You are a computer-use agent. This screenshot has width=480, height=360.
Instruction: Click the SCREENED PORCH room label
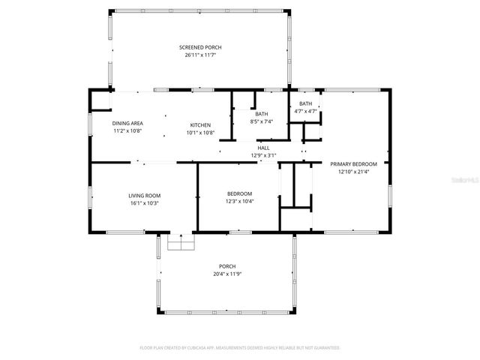(x=200, y=47)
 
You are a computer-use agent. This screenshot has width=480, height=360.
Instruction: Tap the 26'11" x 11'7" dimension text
(x=200, y=55)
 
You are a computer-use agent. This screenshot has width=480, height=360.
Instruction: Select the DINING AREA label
(x=127, y=124)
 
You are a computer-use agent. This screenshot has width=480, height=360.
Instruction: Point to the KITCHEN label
(x=200, y=124)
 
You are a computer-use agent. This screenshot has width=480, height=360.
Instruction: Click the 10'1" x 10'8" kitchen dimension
(x=200, y=132)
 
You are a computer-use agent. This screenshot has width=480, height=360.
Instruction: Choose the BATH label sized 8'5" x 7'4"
(x=261, y=113)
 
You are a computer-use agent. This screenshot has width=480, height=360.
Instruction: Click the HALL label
(x=263, y=148)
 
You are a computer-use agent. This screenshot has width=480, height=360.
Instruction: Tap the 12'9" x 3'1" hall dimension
(x=263, y=155)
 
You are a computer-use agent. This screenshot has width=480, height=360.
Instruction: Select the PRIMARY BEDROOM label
(x=353, y=163)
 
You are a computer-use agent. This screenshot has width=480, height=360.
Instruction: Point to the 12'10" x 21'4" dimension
(x=353, y=172)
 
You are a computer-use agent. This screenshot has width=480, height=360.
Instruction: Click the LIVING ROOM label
(x=144, y=195)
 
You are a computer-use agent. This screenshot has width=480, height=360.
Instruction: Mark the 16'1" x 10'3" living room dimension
(x=144, y=202)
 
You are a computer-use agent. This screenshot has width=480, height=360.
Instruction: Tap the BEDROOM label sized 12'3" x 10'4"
(x=240, y=193)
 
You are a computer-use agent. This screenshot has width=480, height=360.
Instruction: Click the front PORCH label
(x=227, y=266)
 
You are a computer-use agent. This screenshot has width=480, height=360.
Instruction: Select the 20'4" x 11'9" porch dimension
(x=227, y=274)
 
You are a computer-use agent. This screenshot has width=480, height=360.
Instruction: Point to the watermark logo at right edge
(x=470, y=181)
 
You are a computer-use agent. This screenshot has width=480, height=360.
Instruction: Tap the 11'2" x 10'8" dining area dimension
(x=127, y=131)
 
